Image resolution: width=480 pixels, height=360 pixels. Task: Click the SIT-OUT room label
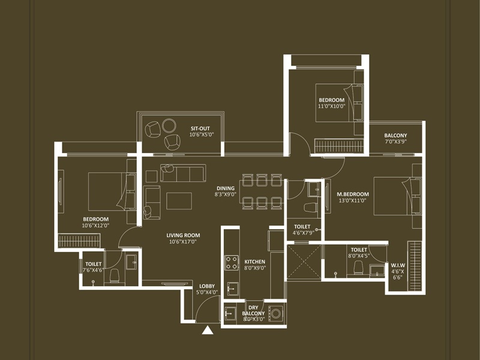click(x=200, y=128)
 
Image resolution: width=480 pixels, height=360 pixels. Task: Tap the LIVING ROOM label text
click(x=183, y=235)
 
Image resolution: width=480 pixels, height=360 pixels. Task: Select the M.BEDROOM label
click(x=352, y=194)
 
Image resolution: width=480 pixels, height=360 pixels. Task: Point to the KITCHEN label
click(x=254, y=262)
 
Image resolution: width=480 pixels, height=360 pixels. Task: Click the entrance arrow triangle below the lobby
click(x=208, y=329)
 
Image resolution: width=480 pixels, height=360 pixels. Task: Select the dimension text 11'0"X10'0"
click(x=331, y=106)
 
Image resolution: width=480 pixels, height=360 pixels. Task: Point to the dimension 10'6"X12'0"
click(x=95, y=226)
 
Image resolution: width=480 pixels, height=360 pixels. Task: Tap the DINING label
click(x=226, y=188)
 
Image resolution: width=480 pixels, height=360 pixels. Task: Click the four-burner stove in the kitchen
click(x=232, y=263)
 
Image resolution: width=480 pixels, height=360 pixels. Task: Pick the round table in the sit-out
click(x=169, y=125)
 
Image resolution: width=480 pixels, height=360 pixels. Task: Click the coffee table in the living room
click(x=179, y=200)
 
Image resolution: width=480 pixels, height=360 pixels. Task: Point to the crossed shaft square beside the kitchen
click(x=304, y=261)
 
